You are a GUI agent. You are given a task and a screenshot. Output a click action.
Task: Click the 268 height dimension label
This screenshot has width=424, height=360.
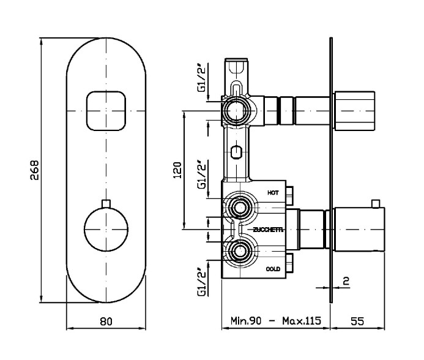35,170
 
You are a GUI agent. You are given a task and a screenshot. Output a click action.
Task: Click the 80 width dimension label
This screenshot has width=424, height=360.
106,321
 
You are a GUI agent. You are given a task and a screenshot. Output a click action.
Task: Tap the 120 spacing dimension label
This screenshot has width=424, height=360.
177,170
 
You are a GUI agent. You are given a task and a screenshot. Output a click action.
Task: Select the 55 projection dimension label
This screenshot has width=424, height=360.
357,321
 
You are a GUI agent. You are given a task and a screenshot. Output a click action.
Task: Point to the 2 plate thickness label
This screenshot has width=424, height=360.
346,281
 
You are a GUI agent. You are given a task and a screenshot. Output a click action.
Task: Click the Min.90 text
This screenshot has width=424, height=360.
246,321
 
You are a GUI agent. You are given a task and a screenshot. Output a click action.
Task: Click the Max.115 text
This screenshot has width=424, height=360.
302,321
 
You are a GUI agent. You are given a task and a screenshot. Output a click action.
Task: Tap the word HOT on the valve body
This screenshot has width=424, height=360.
273,193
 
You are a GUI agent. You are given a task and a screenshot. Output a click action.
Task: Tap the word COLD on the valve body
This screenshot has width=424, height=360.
273,269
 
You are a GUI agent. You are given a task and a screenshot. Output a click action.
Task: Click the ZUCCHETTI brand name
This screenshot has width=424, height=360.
268,230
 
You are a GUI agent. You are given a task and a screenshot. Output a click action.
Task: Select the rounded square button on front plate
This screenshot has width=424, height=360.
106,111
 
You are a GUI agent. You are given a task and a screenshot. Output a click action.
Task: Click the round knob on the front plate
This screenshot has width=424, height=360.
106,230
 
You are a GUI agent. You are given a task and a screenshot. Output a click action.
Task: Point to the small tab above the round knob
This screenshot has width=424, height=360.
106,203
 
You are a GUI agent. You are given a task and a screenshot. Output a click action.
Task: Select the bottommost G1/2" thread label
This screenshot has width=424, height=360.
203,282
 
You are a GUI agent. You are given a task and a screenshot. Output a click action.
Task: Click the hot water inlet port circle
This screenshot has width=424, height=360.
240,208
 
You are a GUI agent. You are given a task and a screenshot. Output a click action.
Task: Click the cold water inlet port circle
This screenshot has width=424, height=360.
240,252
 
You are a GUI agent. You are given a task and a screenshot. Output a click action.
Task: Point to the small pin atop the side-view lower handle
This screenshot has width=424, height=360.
375,204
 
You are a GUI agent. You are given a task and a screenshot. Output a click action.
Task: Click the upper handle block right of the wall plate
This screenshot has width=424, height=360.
354,111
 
